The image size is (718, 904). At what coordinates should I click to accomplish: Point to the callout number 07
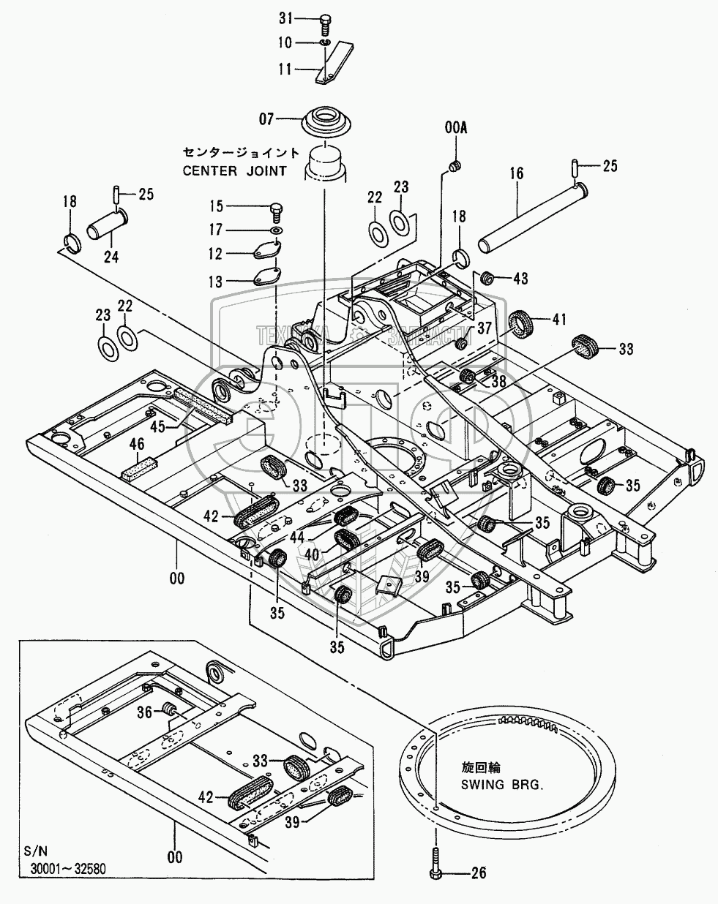click(x=266, y=117)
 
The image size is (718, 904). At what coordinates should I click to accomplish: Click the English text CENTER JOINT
click(x=242, y=170)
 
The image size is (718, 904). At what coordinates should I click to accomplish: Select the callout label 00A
click(x=455, y=128)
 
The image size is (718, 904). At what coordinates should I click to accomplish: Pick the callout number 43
click(x=520, y=279)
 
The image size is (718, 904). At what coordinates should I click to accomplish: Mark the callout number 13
click(x=215, y=279)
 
